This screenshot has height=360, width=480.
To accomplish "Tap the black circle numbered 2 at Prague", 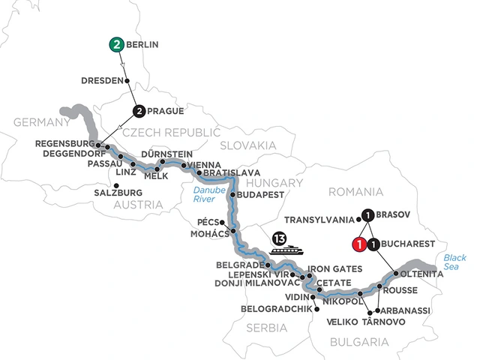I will (140, 111).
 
